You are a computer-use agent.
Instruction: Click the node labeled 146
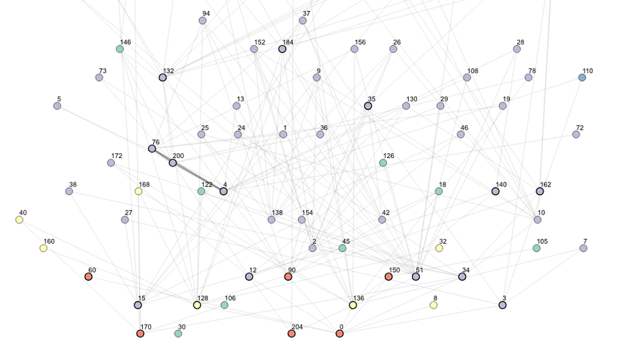click(x=120, y=49)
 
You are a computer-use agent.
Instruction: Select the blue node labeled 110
click(x=582, y=77)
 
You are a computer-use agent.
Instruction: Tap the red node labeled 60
click(x=88, y=276)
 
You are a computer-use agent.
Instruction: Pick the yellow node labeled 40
click(x=19, y=219)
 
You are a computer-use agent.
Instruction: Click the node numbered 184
click(x=282, y=49)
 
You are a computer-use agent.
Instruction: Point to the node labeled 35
click(x=368, y=106)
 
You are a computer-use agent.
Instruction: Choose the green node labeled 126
click(x=383, y=162)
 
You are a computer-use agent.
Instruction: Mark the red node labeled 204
click(x=292, y=334)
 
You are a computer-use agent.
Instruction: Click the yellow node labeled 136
click(x=353, y=305)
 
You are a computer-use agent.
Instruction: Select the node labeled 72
click(x=576, y=134)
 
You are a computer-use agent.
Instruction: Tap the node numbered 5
click(x=57, y=106)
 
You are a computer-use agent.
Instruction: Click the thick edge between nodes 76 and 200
click(x=162, y=156)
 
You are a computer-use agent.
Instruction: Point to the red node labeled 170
click(x=140, y=334)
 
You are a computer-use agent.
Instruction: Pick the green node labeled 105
click(x=537, y=248)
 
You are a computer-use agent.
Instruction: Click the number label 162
click(x=546, y=185)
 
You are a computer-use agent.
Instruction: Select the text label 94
click(x=206, y=13)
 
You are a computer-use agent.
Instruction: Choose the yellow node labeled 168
click(x=139, y=191)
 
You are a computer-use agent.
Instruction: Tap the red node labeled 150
click(x=388, y=276)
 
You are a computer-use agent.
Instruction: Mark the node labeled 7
click(x=583, y=248)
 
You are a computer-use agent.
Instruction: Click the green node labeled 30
click(x=177, y=334)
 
